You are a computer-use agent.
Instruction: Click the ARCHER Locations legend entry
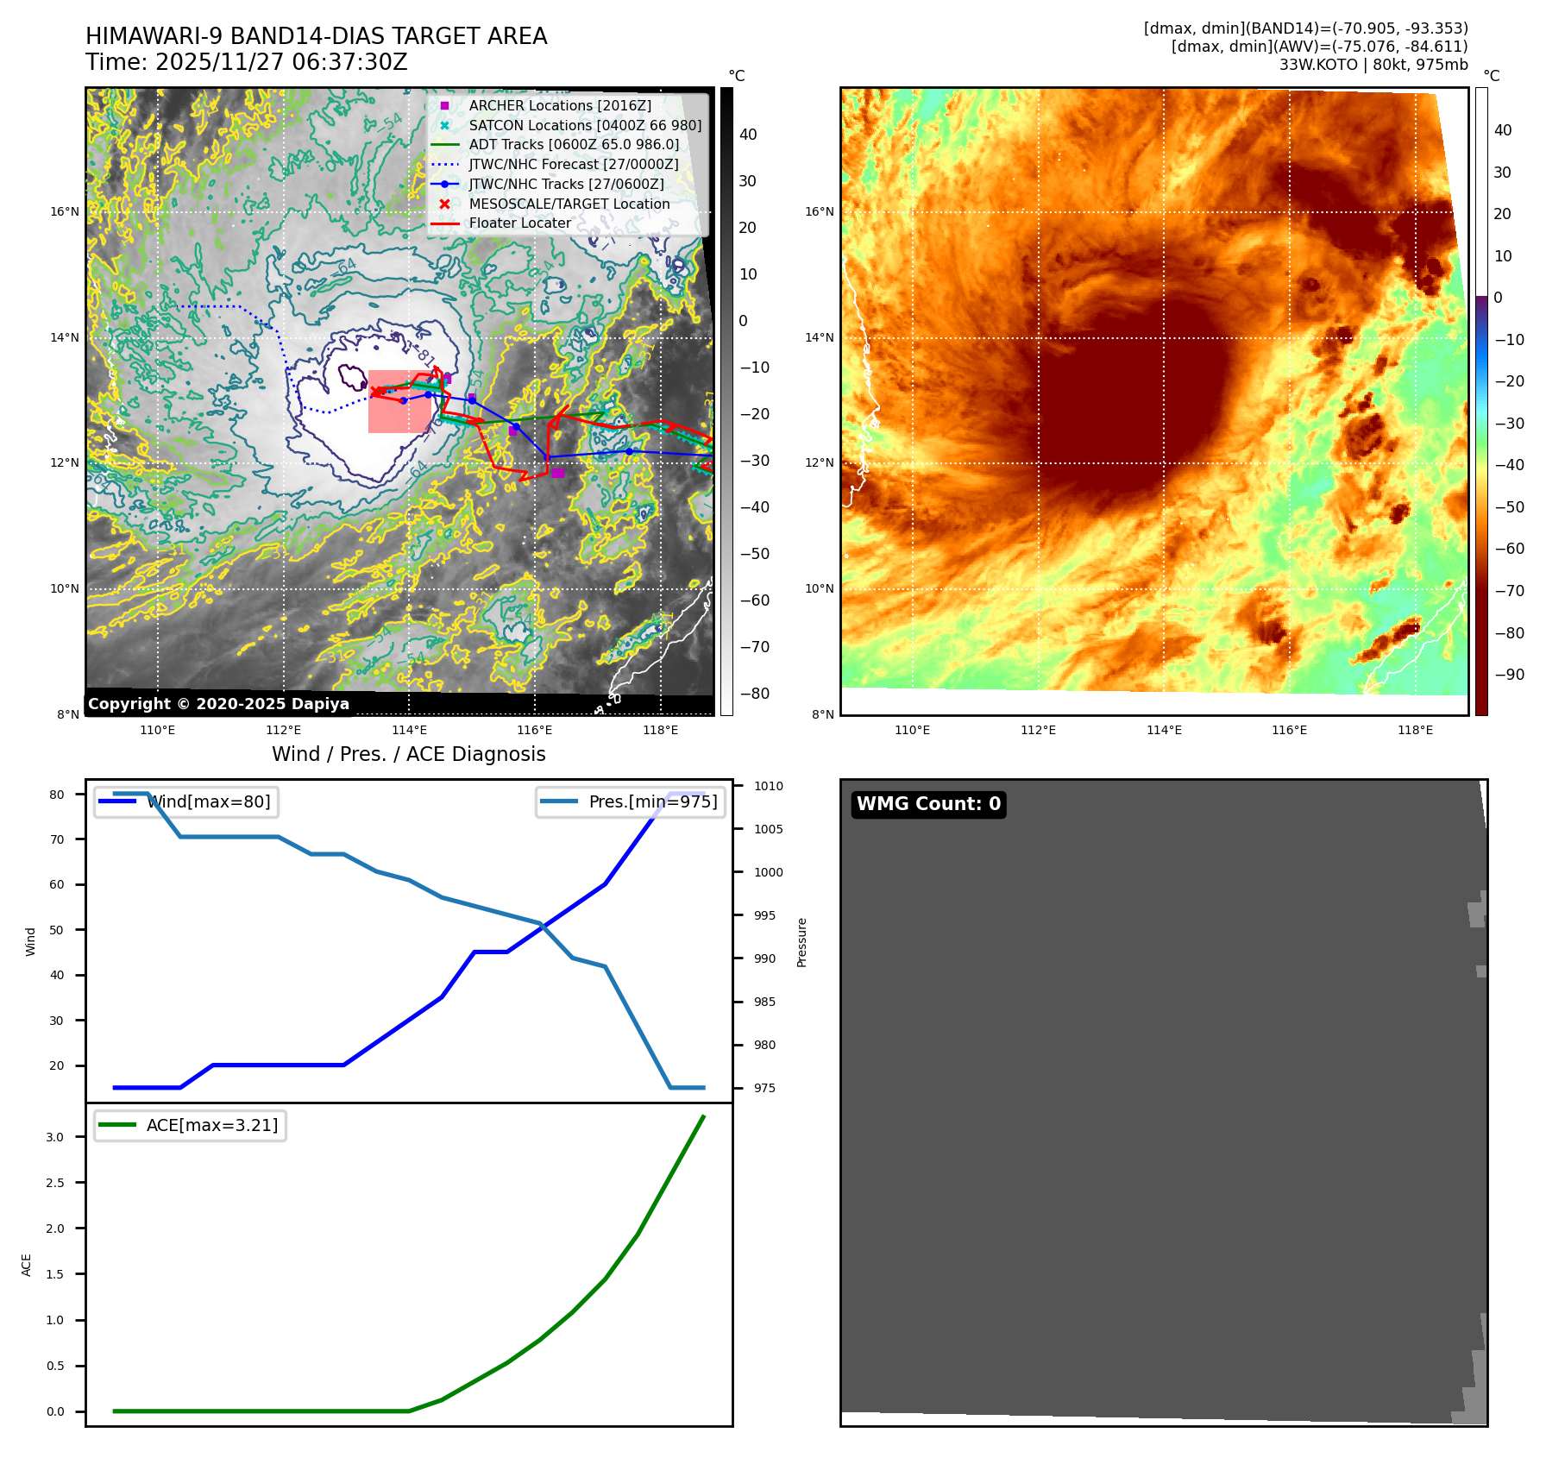pos(560,105)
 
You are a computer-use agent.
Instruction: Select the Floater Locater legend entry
pos(519,223)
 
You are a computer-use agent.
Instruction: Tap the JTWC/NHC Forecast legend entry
pos(573,164)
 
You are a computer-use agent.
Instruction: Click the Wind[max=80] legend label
pos(209,801)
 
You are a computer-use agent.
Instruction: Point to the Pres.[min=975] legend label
pos(652,801)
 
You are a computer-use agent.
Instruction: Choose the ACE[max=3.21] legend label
pos(211,1125)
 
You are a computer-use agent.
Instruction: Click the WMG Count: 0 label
pos(928,804)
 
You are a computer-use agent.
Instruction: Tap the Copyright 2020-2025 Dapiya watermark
pos(218,704)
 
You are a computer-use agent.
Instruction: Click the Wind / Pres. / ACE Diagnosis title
pos(408,754)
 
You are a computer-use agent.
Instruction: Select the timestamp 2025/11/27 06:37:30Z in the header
pos(281,62)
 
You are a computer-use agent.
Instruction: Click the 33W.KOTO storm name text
pos(1318,65)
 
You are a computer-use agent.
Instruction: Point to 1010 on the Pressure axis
pos(768,786)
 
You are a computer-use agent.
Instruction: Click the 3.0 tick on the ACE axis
pos(55,1137)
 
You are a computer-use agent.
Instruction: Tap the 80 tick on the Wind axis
pos(57,795)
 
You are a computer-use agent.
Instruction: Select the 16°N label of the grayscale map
pos(65,211)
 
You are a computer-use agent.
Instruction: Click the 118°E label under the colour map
pos(1415,730)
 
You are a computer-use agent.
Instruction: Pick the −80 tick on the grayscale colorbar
pos(754,694)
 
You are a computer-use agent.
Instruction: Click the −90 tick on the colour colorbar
pos(1509,675)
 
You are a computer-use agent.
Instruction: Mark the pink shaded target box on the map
pos(399,402)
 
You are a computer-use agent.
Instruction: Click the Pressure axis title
pos(801,942)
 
